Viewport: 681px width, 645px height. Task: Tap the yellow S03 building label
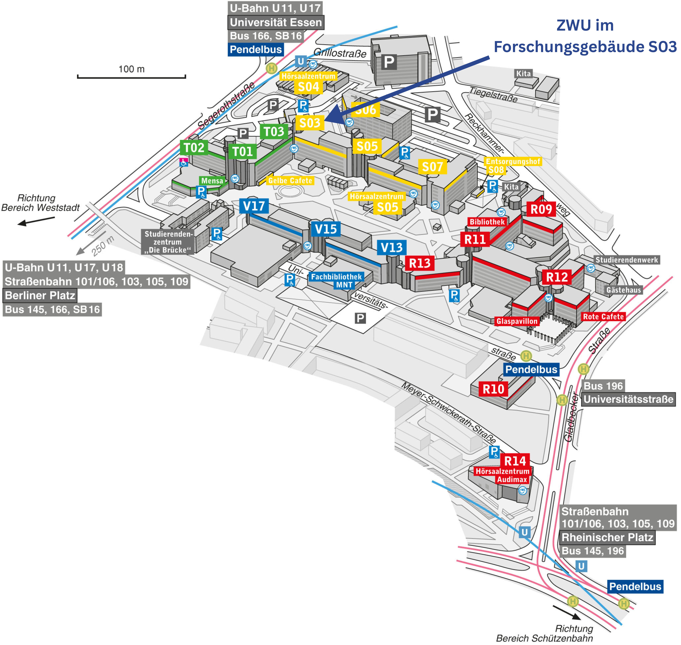310,123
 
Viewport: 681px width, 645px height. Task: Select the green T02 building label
194,148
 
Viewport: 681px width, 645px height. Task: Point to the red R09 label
541,209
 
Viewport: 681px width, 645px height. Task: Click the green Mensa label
212,180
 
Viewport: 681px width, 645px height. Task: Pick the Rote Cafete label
603,317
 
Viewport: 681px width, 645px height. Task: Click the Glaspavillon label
517,321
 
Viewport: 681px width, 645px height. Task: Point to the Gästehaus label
623,290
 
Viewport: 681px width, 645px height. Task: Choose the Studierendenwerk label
626,260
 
